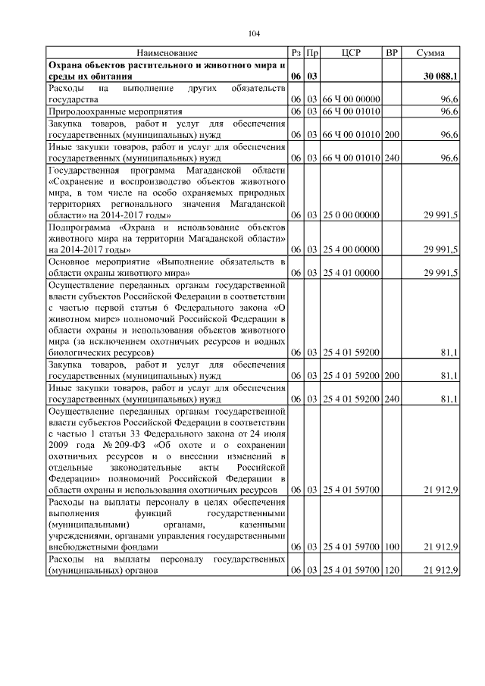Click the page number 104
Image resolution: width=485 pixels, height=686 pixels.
pos(253,33)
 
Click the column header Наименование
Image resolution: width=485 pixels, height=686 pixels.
pos(167,53)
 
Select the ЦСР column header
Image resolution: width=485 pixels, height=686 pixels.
pos(352,53)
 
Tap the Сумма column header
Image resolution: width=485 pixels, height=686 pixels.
pos(430,53)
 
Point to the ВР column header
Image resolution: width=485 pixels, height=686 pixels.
pos(392,53)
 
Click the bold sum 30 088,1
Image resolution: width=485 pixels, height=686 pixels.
pos(440,77)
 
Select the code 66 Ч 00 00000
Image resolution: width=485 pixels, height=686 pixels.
pos(352,99)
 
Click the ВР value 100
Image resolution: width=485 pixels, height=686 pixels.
pos(392,547)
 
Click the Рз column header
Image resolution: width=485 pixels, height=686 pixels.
pos(296,53)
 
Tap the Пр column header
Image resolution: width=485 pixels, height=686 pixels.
pos(311,53)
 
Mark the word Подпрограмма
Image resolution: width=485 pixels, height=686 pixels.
pos(80,227)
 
